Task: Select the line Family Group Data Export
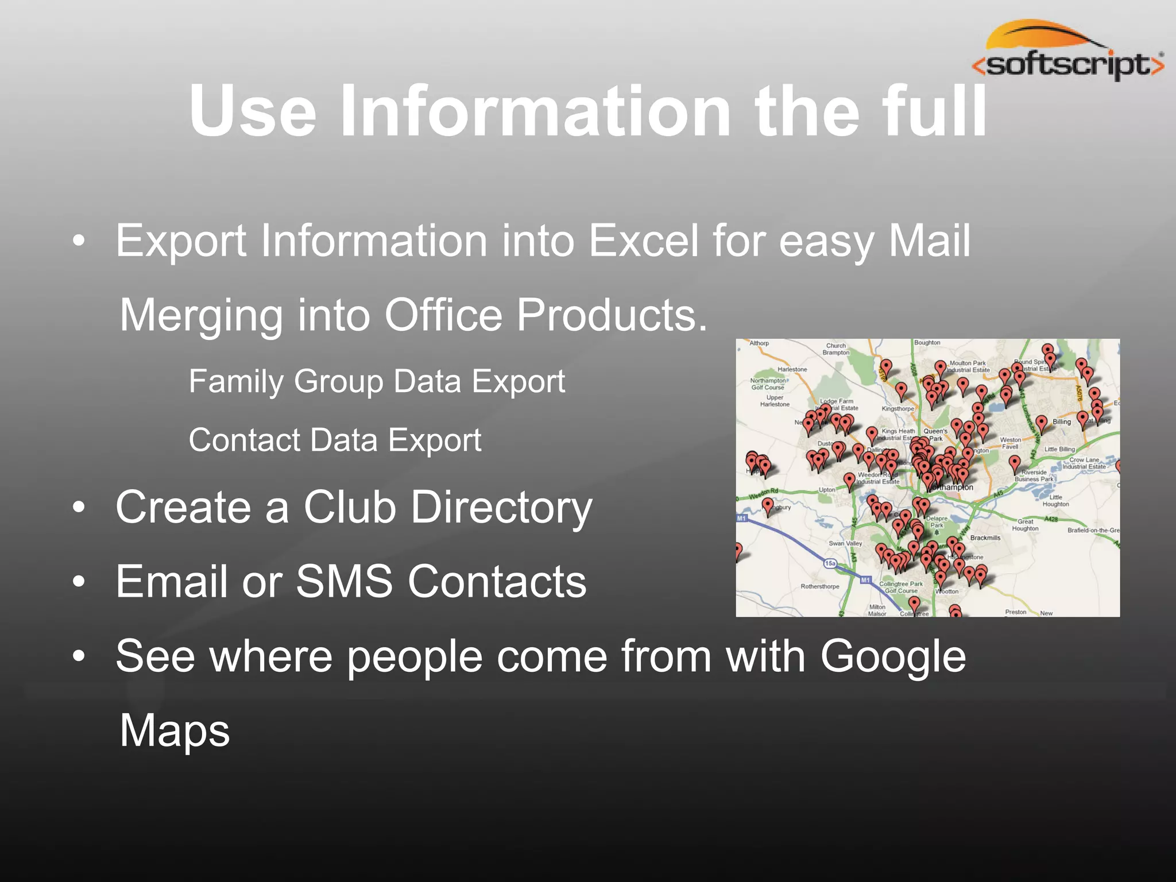[x=377, y=382]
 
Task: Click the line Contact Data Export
[x=335, y=440]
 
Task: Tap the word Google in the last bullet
[x=893, y=656]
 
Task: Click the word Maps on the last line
[x=175, y=730]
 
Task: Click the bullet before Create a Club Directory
[x=79, y=508]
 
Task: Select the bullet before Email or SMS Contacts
[x=79, y=582]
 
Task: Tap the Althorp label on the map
[x=759, y=343]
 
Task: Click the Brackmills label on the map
[x=985, y=538]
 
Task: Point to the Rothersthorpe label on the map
[x=819, y=587]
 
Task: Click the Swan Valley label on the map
[x=845, y=543]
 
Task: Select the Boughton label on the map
[x=927, y=343]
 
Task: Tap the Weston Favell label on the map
[x=1011, y=443]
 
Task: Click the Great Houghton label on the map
[x=1025, y=525]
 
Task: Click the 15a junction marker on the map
[x=830, y=563]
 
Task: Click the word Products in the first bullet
[x=612, y=315]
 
